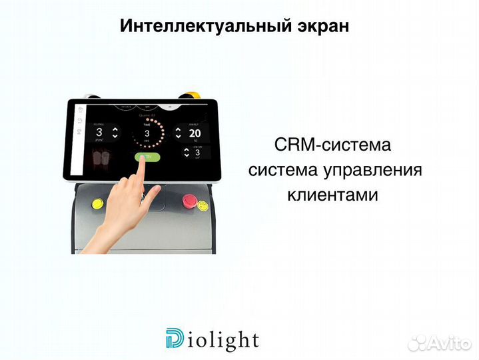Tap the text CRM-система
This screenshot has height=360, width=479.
(332, 145)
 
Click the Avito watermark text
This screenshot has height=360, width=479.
(450, 343)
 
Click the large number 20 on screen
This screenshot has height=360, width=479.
(195, 132)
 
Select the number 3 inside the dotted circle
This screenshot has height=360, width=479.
(147, 133)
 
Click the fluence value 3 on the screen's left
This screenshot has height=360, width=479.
(99, 132)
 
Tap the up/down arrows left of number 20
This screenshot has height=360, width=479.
(178, 132)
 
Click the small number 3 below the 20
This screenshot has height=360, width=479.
(197, 151)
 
